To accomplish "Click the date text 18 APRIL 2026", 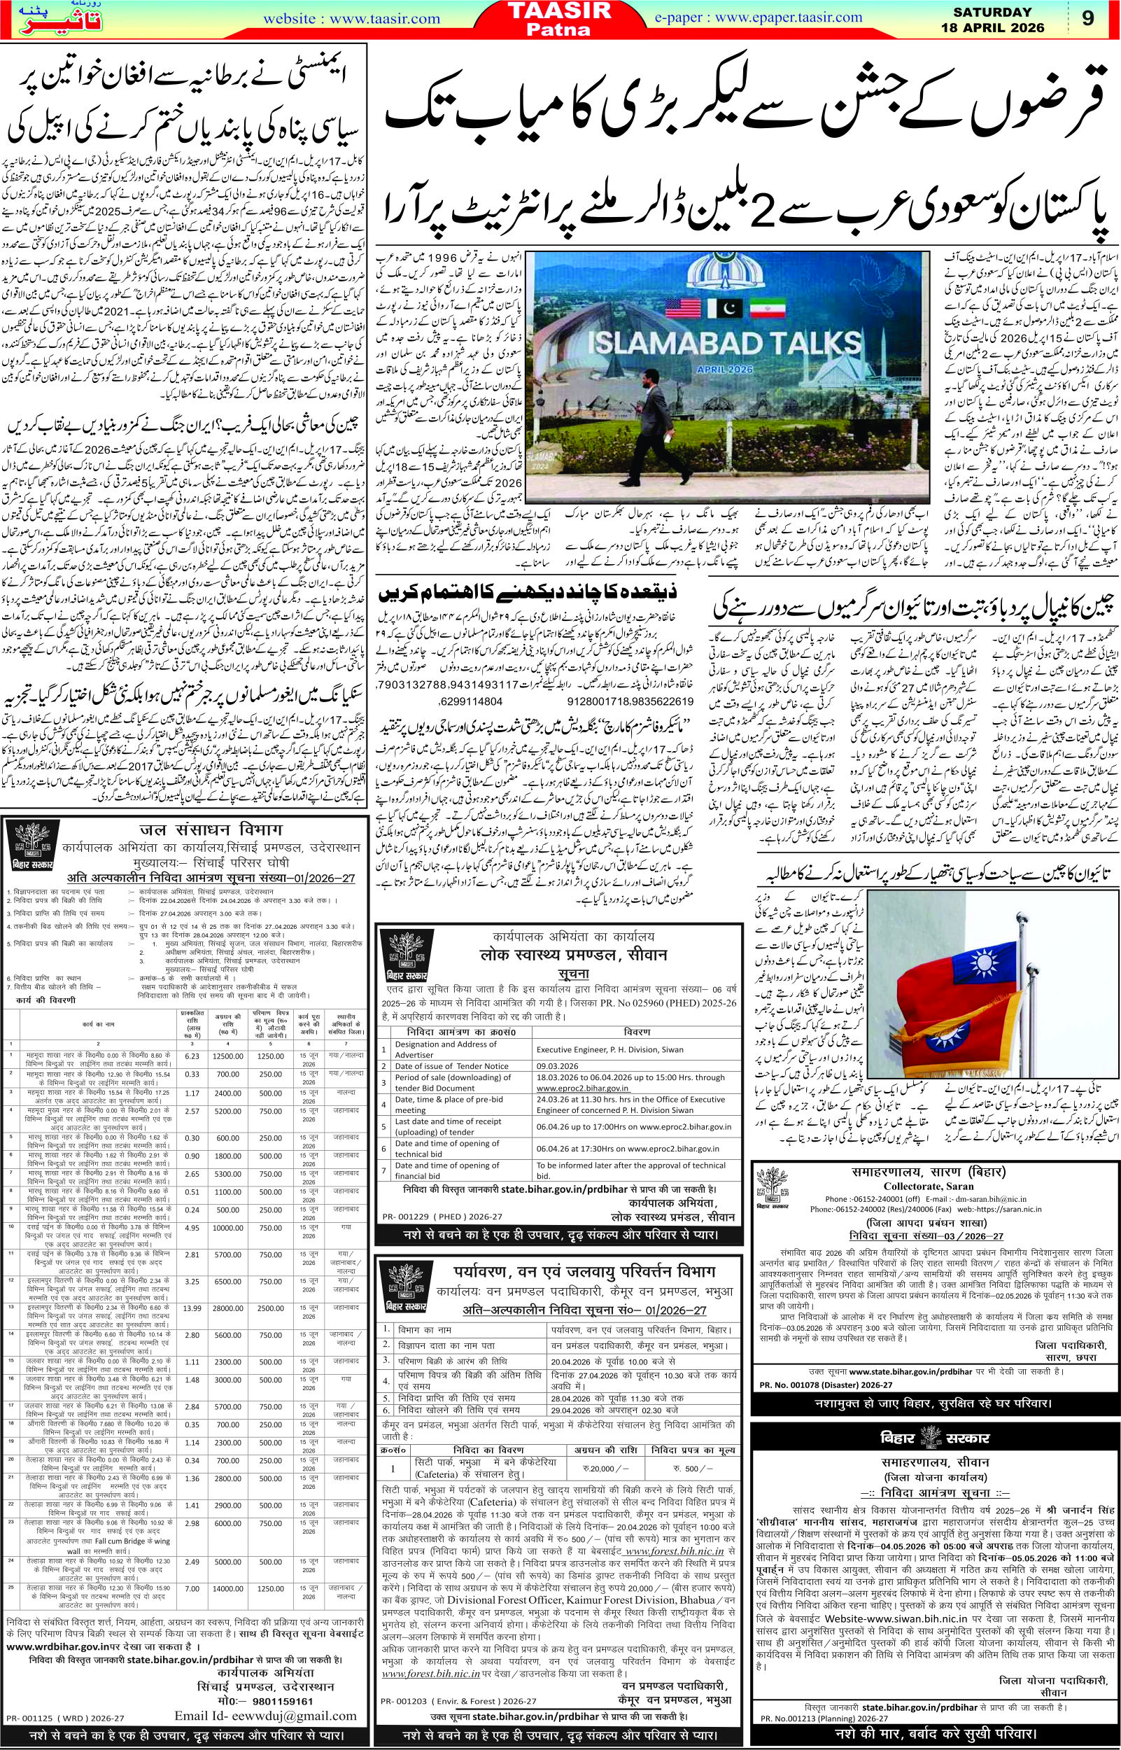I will (x=1001, y=29).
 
